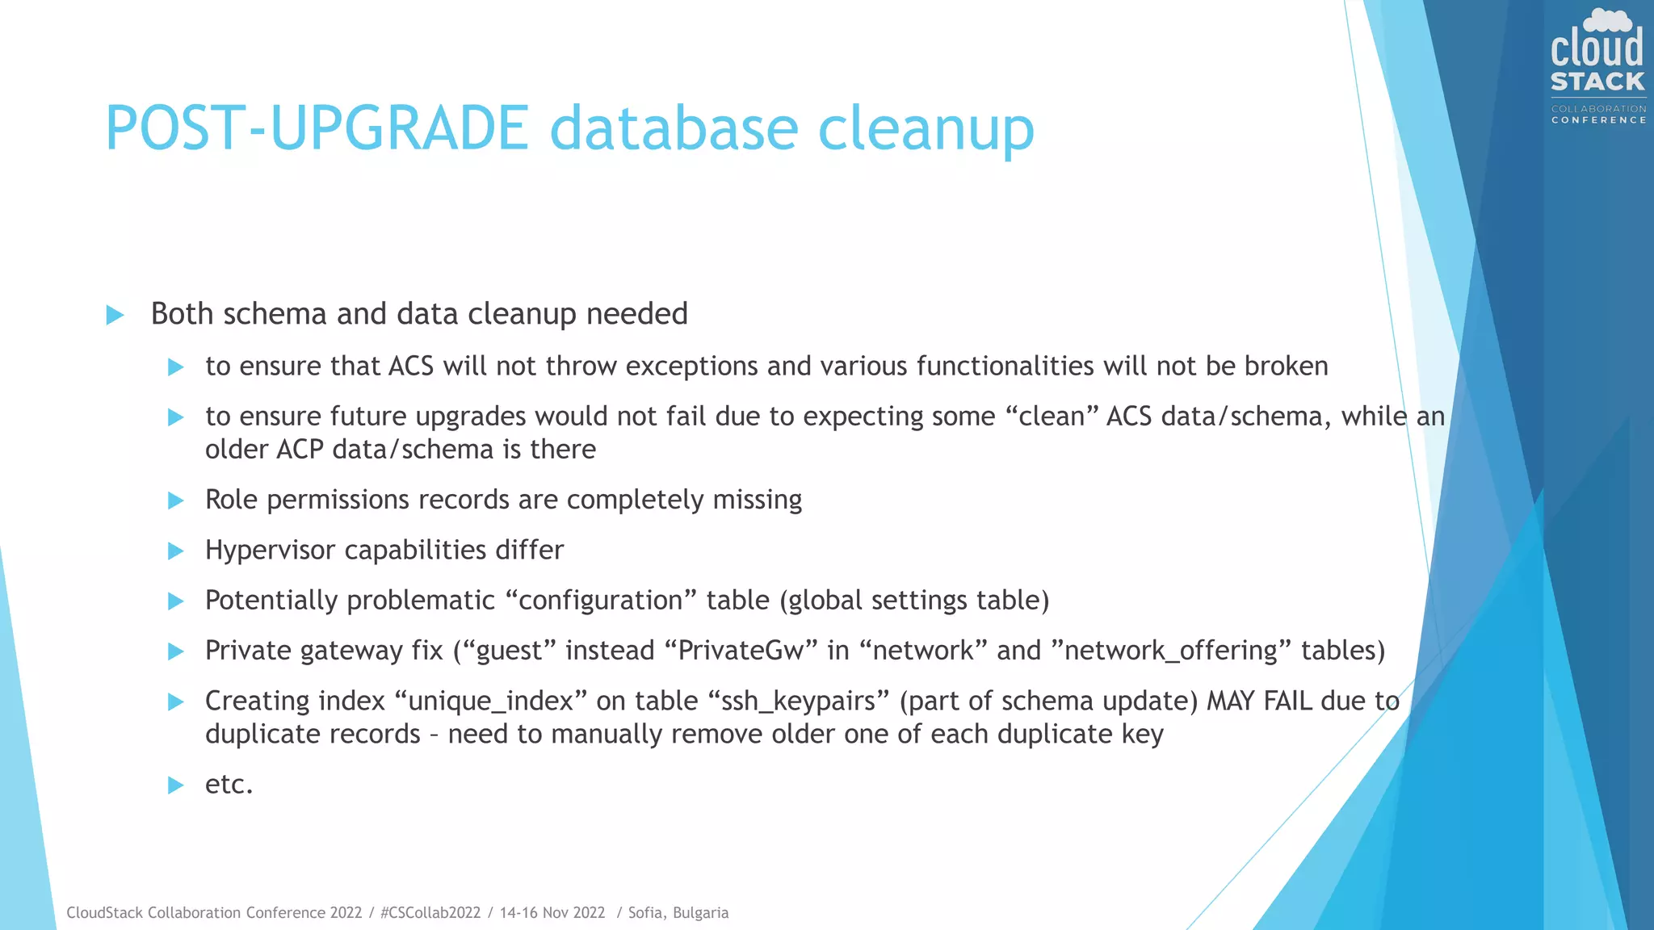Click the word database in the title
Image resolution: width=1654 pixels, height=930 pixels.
(674, 128)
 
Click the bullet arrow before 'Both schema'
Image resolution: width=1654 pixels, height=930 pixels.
(115, 315)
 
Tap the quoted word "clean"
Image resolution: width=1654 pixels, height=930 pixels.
(1052, 417)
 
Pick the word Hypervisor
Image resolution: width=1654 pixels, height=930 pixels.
(271, 551)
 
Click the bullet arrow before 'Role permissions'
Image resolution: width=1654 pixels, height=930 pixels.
(175, 501)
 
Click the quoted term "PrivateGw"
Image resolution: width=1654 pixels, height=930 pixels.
(741, 651)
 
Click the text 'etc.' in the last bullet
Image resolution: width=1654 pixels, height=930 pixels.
(229, 785)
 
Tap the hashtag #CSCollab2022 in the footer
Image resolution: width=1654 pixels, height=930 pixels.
(430, 913)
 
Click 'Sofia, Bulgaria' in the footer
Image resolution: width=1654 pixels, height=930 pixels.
(678, 913)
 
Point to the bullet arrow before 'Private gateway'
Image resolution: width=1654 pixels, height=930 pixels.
(175, 651)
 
